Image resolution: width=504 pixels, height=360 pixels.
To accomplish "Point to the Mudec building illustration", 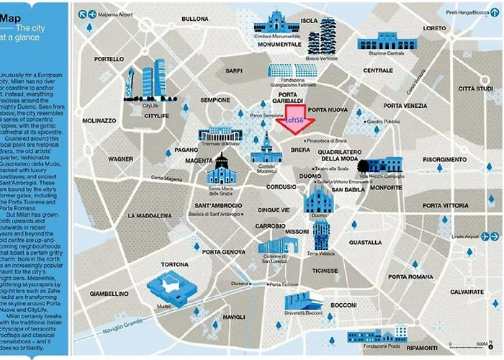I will (170, 289).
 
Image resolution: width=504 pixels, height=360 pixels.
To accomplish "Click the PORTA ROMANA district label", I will (410, 276).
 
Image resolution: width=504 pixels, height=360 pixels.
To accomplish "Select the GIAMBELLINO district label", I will (109, 293).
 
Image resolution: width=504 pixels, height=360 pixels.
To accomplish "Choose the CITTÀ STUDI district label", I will (475, 89).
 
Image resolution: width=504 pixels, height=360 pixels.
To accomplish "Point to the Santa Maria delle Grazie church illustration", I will (222, 173).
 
